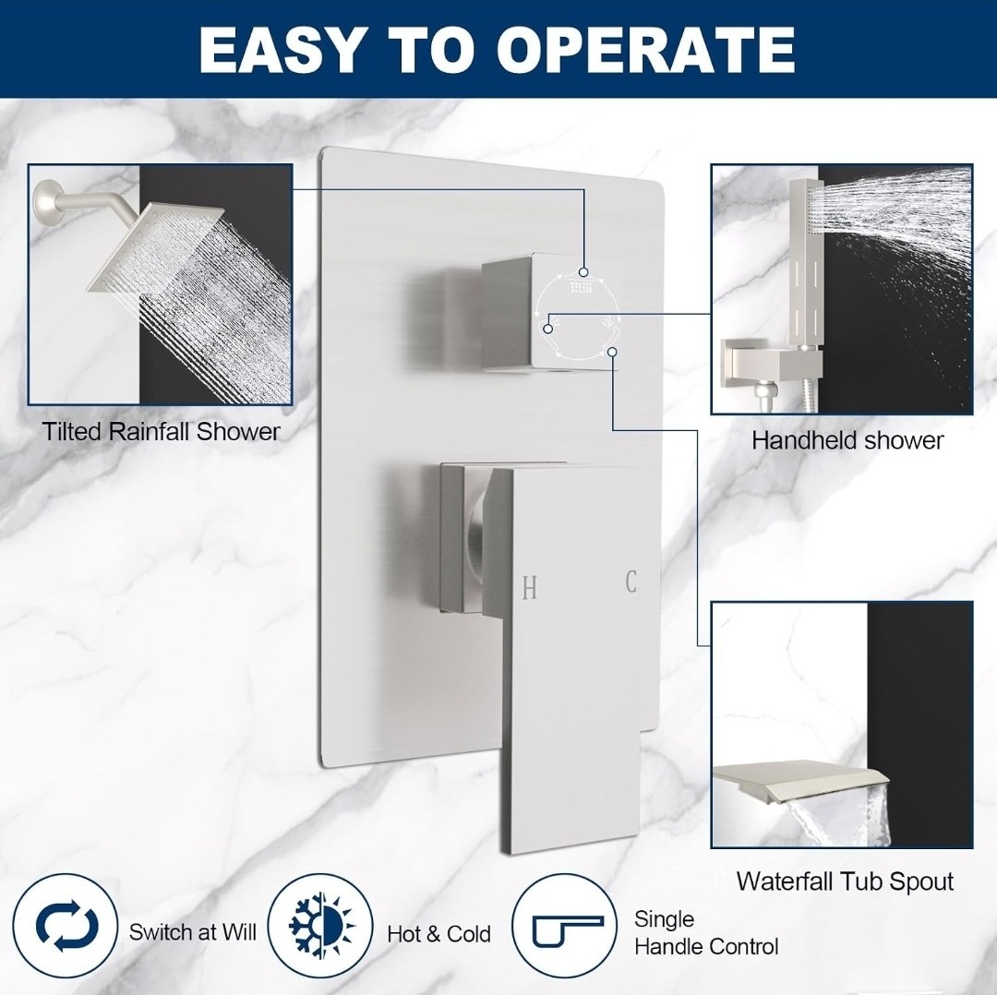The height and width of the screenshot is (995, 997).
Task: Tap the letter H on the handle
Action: tap(529, 589)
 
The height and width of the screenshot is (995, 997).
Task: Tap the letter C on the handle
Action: tap(631, 581)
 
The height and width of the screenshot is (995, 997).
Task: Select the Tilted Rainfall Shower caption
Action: tap(162, 432)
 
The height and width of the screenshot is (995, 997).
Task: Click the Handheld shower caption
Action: tap(847, 440)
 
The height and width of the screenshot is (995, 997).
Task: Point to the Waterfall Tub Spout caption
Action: tap(845, 881)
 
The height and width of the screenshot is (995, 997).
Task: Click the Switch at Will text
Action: tap(193, 932)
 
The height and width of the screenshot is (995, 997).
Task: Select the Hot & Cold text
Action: tap(438, 934)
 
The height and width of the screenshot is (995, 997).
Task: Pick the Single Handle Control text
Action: tap(706, 932)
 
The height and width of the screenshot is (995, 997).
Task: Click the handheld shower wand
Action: tap(808, 260)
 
